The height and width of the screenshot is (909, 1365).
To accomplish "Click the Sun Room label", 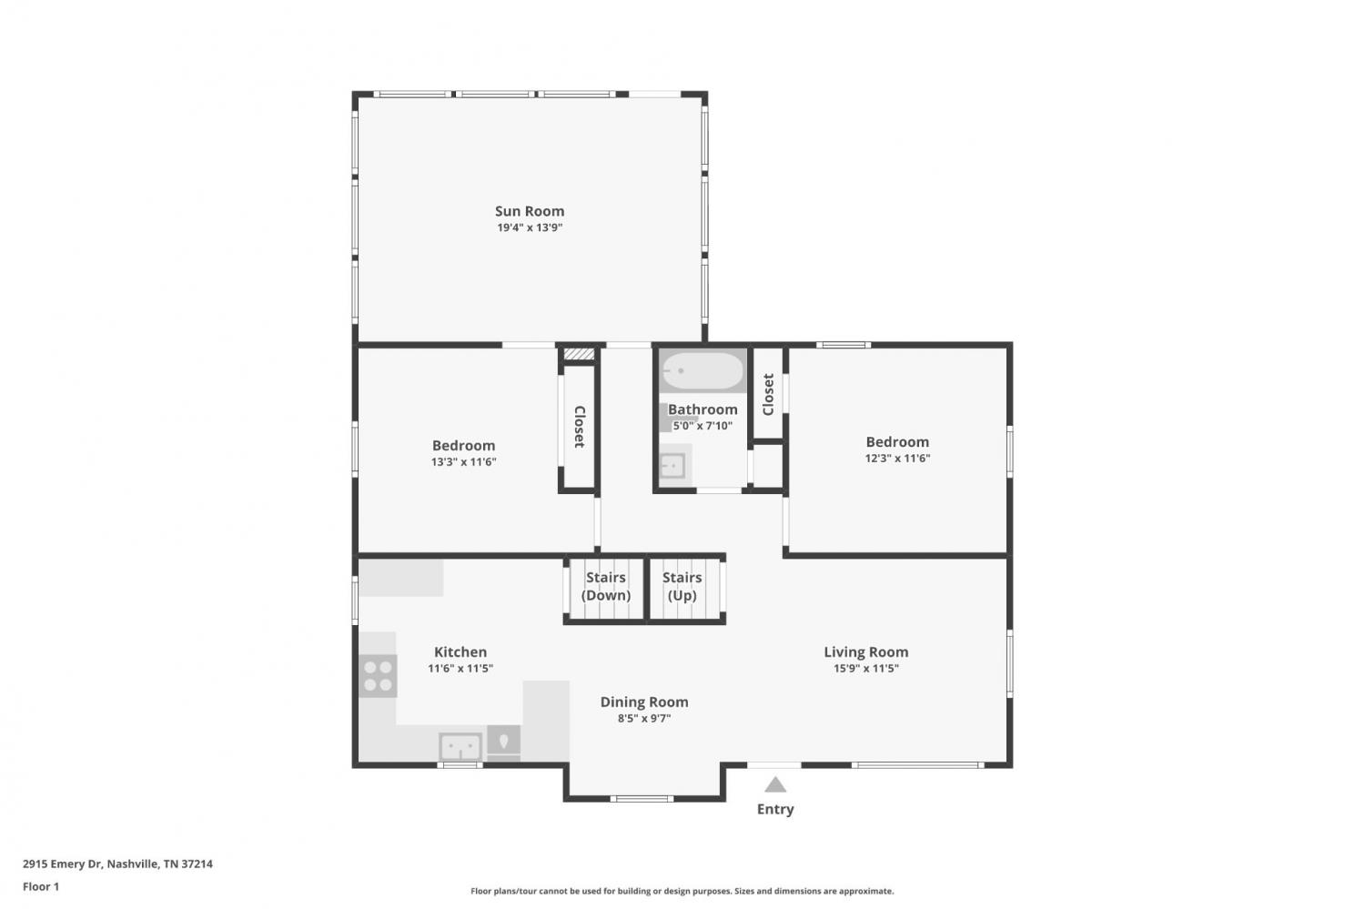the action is click(530, 211).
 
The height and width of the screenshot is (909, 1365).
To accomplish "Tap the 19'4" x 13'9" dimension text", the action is click(530, 227).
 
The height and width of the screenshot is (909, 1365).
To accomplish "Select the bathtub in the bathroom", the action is click(703, 370).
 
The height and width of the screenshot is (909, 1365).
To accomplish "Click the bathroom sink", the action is click(673, 467).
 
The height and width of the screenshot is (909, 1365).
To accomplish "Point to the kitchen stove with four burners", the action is click(378, 676).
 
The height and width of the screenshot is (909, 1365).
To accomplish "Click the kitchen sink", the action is click(460, 746).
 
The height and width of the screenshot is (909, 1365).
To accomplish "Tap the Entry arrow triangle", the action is click(775, 784).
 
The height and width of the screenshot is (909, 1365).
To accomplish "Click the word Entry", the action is click(775, 809).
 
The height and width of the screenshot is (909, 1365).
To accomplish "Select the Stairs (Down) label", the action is click(606, 586).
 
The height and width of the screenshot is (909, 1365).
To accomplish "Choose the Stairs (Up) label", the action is click(682, 586).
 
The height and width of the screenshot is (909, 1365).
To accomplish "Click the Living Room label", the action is click(866, 651).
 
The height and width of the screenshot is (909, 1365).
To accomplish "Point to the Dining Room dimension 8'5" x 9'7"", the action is click(644, 718).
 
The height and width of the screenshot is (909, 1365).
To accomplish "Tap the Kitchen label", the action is click(460, 651).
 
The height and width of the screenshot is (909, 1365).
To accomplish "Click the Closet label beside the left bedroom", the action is click(580, 427).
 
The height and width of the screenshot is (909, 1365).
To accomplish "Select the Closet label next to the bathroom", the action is click(768, 395).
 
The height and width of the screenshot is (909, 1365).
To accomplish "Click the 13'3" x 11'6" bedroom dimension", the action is click(464, 462).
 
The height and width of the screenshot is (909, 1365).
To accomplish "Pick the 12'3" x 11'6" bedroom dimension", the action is click(897, 459).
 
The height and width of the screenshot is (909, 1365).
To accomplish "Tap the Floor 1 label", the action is click(41, 886).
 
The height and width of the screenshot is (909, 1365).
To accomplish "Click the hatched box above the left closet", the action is click(578, 354).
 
